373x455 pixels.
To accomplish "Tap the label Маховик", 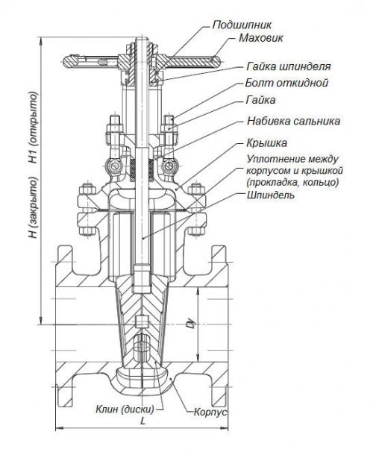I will tap(257, 37).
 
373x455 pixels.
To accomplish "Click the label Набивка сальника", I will tap(293, 120).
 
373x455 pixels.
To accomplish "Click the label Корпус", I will tap(210, 412).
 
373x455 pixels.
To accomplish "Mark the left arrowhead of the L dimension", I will tap(58, 428).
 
